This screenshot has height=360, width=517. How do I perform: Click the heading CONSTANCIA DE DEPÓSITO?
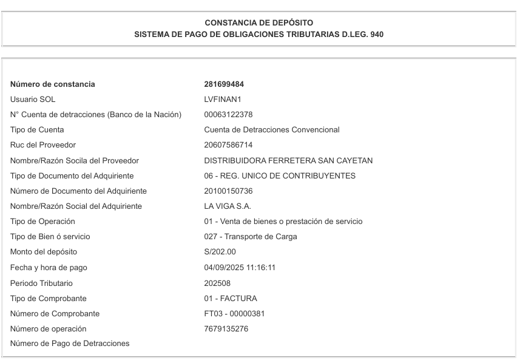(259, 23)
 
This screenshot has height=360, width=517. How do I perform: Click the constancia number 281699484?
(224, 84)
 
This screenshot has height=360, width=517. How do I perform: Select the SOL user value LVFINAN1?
(223, 100)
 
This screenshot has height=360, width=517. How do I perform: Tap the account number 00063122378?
(228, 115)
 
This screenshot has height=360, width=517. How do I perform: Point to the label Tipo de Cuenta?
(37, 130)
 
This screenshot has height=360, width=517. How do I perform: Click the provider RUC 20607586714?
(228, 145)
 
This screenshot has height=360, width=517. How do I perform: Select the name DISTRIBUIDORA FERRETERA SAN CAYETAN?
(288, 161)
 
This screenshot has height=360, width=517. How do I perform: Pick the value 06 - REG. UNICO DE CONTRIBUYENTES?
(280, 176)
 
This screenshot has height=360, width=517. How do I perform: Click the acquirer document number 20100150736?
(228, 191)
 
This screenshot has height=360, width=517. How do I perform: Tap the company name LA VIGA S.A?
(228, 206)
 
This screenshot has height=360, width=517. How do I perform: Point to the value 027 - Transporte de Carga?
(251, 237)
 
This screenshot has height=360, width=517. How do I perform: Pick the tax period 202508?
(217, 283)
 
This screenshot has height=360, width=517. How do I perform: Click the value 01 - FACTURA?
(231, 298)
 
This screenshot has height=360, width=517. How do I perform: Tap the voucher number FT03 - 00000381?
(234, 314)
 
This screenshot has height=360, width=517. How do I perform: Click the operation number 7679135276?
(226, 329)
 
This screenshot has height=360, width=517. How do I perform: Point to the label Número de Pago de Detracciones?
(70, 344)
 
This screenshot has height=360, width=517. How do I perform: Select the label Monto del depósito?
(44, 252)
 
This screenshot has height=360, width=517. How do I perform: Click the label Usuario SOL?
(33, 100)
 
